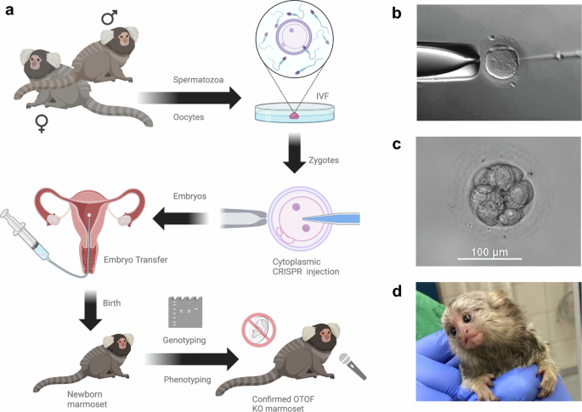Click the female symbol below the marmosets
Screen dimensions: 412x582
tap(40, 125)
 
